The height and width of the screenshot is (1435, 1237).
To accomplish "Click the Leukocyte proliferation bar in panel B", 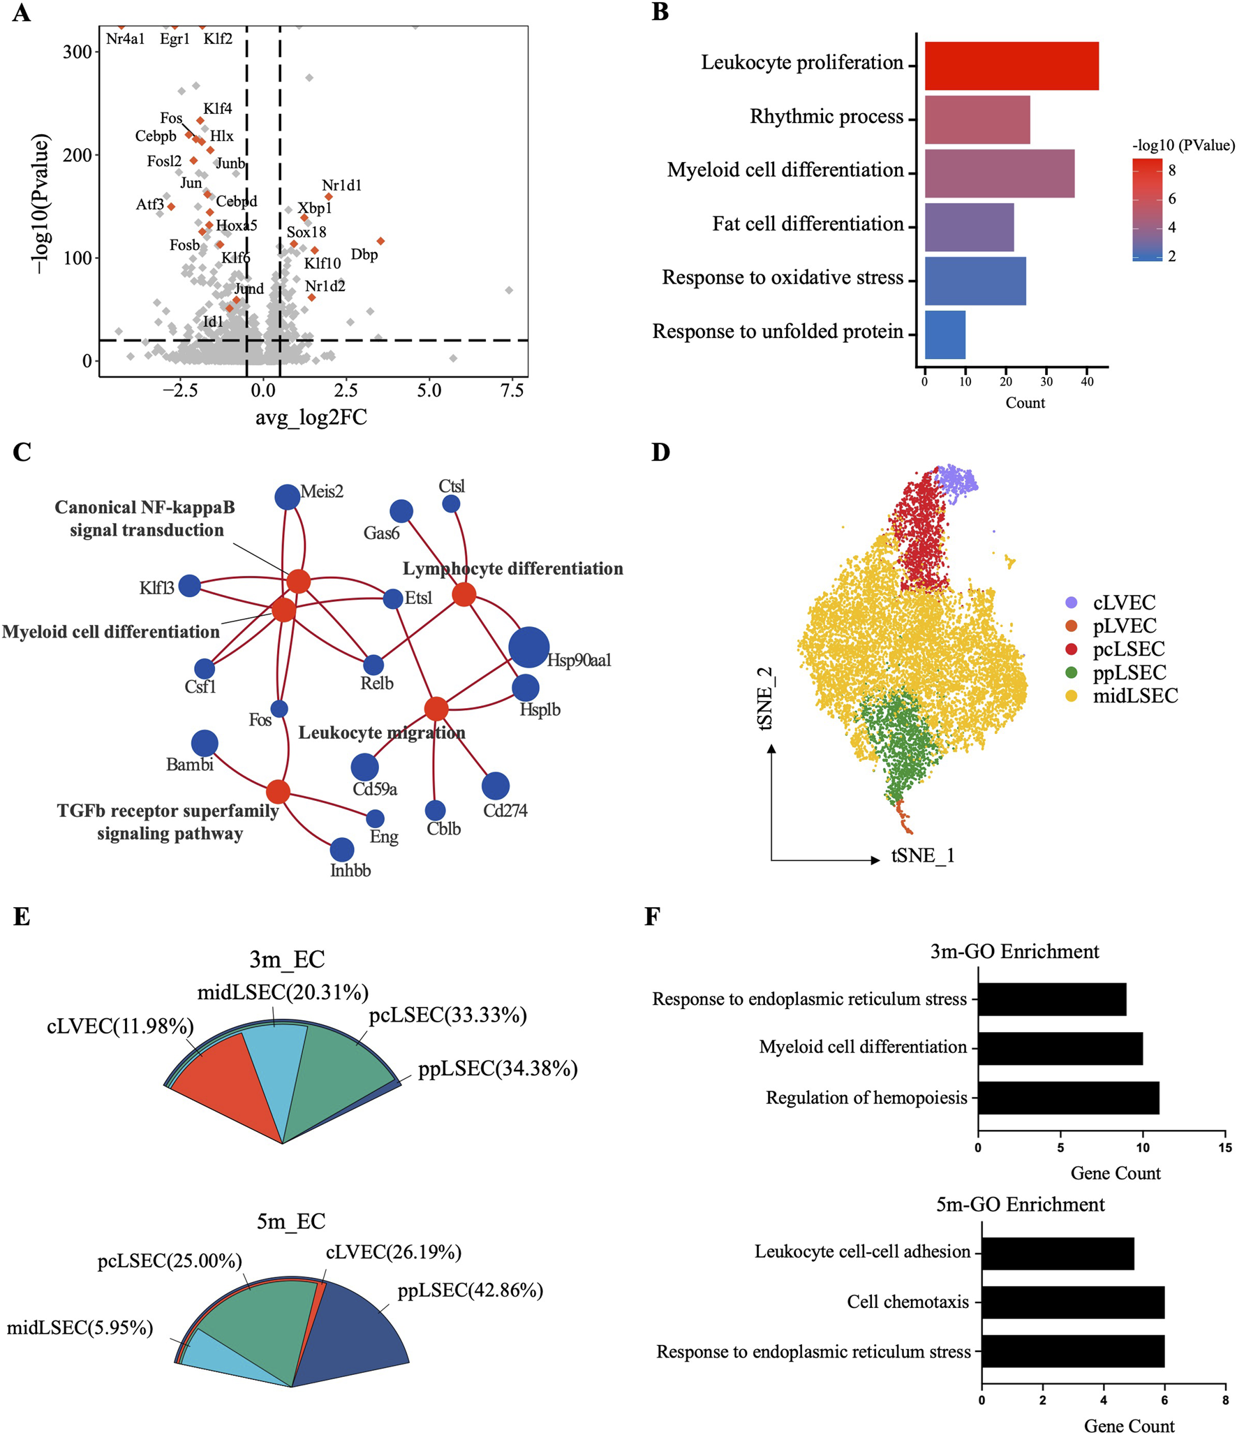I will pyautogui.click(x=1011, y=66).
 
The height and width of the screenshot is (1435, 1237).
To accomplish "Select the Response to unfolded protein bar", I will pyautogui.click(x=945, y=334).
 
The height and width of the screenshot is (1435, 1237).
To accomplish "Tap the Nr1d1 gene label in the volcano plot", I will pyautogui.click(x=341, y=185).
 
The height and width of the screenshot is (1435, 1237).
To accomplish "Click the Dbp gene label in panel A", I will pyautogui.click(x=364, y=254).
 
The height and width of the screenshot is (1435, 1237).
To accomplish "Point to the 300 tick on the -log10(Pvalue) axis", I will pyautogui.click(x=77, y=52).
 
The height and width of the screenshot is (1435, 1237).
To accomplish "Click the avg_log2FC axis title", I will pyautogui.click(x=311, y=417).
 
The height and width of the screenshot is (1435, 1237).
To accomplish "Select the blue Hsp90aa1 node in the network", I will pyautogui.click(x=528, y=647).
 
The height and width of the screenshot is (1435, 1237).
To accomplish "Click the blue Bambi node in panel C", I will pyautogui.click(x=204, y=744).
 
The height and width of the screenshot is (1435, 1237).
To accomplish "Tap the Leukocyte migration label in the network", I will pyautogui.click(x=381, y=733).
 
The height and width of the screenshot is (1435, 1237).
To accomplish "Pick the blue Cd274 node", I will pyautogui.click(x=495, y=786).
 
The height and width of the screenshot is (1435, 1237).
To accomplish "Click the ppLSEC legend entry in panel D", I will pyautogui.click(x=1129, y=672).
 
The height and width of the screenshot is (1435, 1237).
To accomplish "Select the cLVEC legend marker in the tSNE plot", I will pyautogui.click(x=1071, y=603).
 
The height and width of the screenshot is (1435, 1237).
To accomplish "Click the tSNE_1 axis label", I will pyautogui.click(x=922, y=855).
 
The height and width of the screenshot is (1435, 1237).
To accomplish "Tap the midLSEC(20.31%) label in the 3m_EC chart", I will pyautogui.click(x=283, y=992).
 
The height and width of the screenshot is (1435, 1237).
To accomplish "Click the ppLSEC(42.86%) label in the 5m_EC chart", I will pyautogui.click(x=470, y=1290).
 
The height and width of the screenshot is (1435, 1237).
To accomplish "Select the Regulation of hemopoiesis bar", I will pyautogui.click(x=1067, y=1098).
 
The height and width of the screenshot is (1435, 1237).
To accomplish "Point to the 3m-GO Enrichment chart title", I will pyautogui.click(x=1014, y=951).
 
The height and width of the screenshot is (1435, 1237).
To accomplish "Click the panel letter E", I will pyautogui.click(x=22, y=916).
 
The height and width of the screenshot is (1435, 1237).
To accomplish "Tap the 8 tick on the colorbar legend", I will pyautogui.click(x=1171, y=170).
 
